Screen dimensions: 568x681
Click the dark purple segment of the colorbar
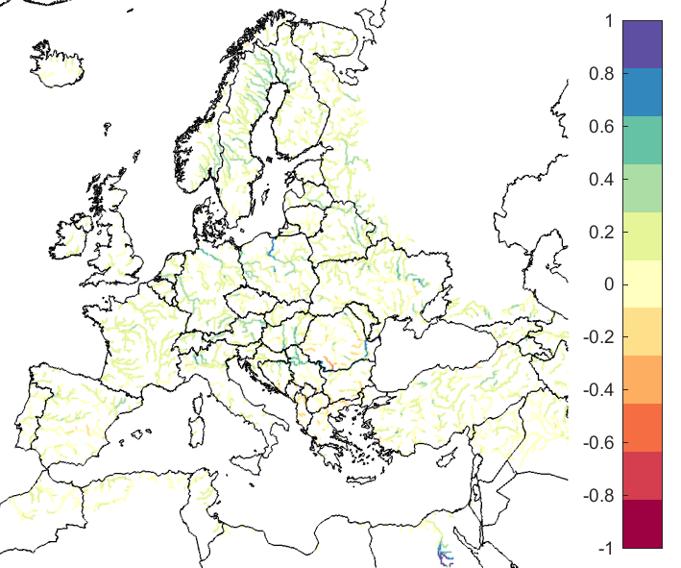pyautogui.click(x=642, y=44)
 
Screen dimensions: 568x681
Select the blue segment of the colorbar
pyautogui.click(x=642, y=92)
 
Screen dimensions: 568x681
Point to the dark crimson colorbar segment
pyautogui.click(x=642, y=524)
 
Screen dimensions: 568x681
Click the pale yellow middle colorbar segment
pyautogui.click(x=642, y=284)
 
